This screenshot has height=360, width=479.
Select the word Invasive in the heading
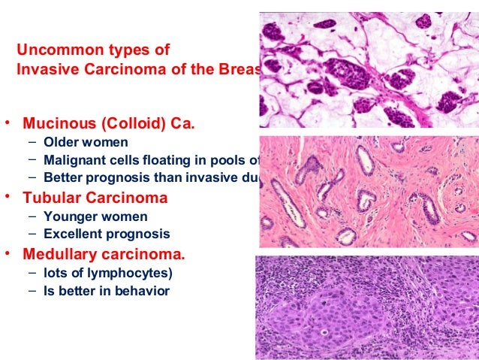pos(46,69)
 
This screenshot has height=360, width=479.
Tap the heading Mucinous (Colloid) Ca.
pos(109,123)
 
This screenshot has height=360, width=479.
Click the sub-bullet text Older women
pos(86,141)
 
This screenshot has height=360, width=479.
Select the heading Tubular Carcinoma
pos(95,198)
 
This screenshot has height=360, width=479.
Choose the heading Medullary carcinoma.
pos(104,253)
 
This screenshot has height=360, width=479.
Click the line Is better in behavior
pos(106,291)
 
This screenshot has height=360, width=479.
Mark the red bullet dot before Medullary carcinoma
pos(8,253)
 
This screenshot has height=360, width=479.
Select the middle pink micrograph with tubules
pos(368,192)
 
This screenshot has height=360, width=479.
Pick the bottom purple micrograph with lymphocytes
pos(366,307)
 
